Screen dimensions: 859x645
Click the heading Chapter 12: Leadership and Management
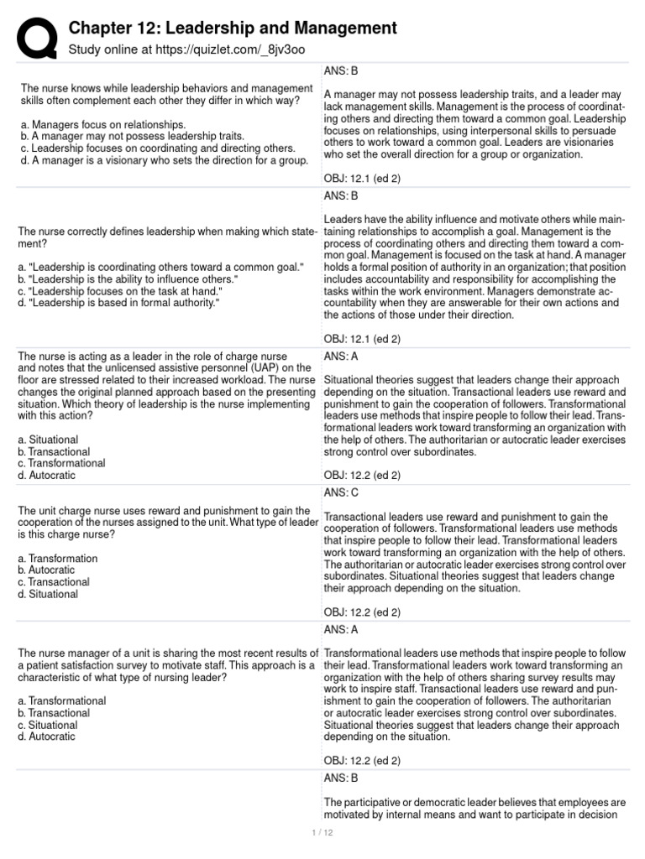pos(233,29)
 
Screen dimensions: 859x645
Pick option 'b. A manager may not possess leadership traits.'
pos(130,136)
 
